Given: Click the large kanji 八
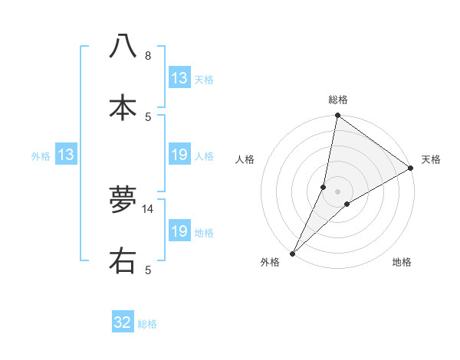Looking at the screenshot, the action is [x=123, y=47].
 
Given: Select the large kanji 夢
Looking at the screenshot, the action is [x=123, y=199].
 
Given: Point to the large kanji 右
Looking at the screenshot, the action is [x=123, y=260].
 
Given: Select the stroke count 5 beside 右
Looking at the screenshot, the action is [x=148, y=270].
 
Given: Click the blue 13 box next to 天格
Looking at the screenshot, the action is [x=179, y=78].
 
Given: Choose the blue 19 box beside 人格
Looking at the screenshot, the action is [x=179, y=155].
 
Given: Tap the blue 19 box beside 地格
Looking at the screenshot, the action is [x=179, y=231].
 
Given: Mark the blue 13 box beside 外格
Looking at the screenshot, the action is [x=66, y=155].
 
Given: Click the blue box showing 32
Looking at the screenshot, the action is [x=123, y=322].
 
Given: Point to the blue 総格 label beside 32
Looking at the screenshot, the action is [x=147, y=324].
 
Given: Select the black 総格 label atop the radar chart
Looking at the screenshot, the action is [x=338, y=100].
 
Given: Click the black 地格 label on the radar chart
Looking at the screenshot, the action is [x=402, y=263].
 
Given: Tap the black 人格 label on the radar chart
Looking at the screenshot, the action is [x=245, y=159].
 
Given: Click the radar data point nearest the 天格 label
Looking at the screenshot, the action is [x=411, y=169].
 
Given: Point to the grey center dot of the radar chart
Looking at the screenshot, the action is [x=338, y=191].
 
